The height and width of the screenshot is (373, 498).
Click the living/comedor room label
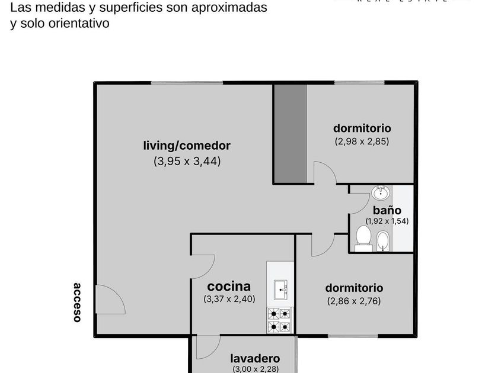point(187,146)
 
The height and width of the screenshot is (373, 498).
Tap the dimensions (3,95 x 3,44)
point(187,160)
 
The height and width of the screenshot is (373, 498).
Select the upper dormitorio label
point(362,128)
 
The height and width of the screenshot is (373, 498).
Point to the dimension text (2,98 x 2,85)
point(362,142)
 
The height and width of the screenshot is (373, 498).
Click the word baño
point(387,210)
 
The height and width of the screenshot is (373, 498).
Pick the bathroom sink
point(381,192)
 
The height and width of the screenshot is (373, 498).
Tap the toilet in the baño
point(363,238)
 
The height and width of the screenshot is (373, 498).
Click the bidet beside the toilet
point(383,241)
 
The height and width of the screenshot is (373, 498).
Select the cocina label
point(228,286)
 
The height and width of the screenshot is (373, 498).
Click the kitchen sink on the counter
point(280,290)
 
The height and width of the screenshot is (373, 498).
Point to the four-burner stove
point(280,320)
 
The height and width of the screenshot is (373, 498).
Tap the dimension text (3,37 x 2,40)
point(229,299)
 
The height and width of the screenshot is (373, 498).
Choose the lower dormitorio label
point(354,288)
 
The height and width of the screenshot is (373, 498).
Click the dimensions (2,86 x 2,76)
point(354,301)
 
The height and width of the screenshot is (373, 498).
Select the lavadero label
point(255,359)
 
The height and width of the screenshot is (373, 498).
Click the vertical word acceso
point(77,302)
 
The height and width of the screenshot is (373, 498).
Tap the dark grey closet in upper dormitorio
point(290,133)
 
